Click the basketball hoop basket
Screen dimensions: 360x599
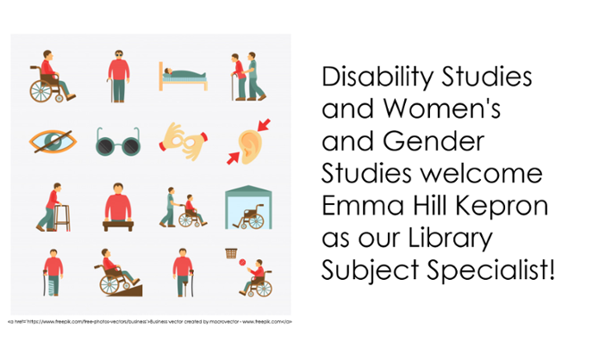click(x=230, y=253)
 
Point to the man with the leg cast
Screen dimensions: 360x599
click(x=53, y=271)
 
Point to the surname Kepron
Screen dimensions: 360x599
click(x=496, y=208)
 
